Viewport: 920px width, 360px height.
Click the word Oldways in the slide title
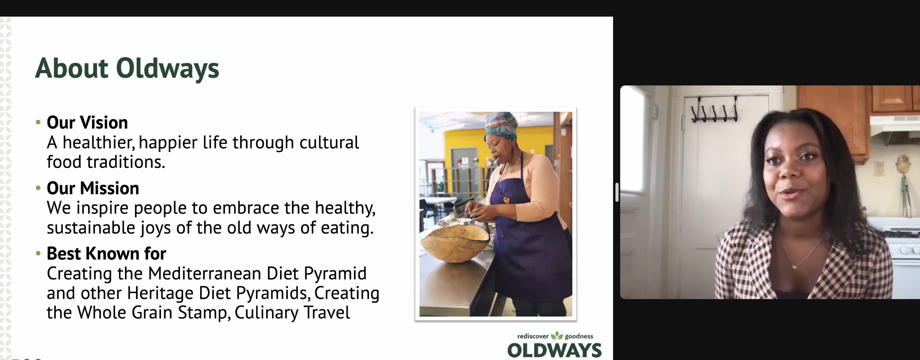point(167,68)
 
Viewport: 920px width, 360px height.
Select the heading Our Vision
point(87,123)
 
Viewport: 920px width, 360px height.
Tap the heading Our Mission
point(93,188)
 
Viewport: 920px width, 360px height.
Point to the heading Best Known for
point(106,254)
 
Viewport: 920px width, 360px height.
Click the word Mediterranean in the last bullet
point(204,273)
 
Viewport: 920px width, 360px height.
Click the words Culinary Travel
point(292,313)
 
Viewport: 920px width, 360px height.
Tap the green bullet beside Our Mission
point(38,188)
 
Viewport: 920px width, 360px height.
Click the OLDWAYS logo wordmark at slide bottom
point(555,351)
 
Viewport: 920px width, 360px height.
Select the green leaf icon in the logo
point(557,335)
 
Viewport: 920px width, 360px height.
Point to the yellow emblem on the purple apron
point(506,200)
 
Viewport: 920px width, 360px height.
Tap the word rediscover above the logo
point(533,336)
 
